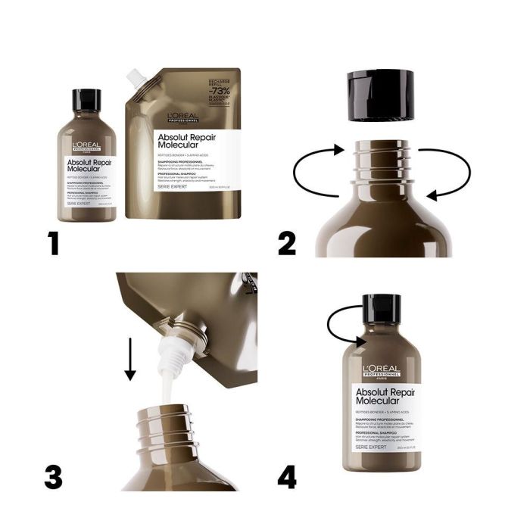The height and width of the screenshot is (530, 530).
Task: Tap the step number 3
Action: [53, 477]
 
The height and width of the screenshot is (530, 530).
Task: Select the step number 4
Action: [287, 477]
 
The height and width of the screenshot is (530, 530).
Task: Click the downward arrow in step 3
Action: [129, 355]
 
